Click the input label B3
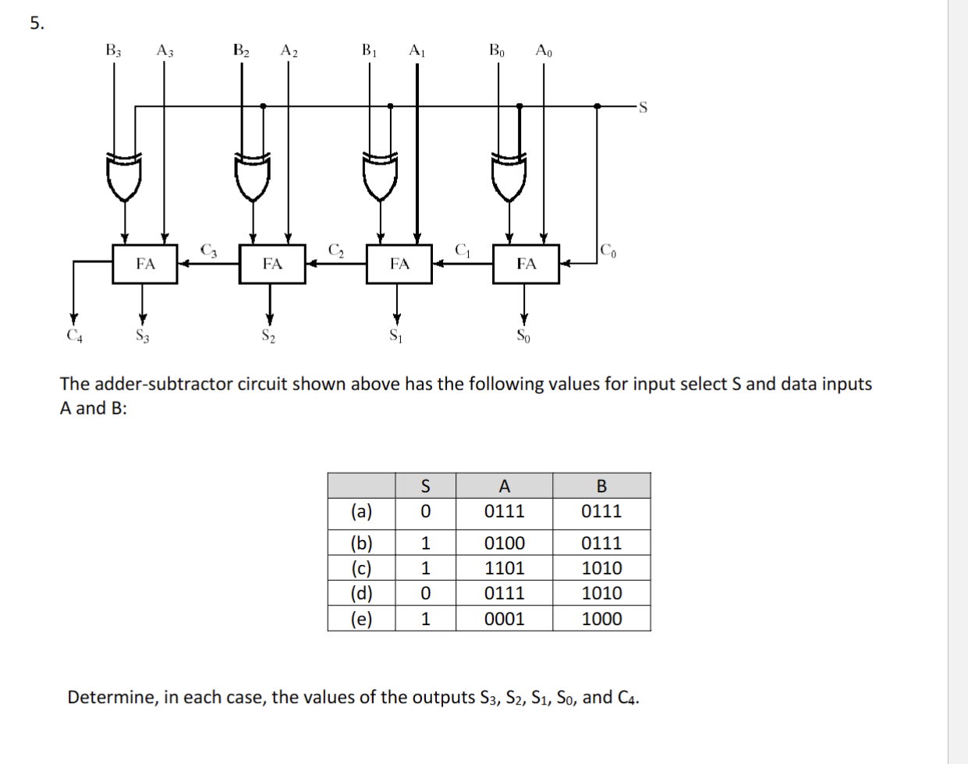coord(114,51)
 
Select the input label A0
coord(544,51)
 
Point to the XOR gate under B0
coord(509,176)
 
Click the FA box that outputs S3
coord(145,264)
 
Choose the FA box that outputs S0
coord(526,264)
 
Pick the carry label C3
coord(208,250)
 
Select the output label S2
coord(268,336)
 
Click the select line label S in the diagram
coord(643,108)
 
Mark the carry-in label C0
coord(608,250)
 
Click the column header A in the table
coord(504,486)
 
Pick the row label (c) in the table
coord(361,568)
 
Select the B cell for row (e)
coord(601,619)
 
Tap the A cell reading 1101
coord(504,568)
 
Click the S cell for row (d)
coord(425,593)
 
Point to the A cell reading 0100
coord(504,542)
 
